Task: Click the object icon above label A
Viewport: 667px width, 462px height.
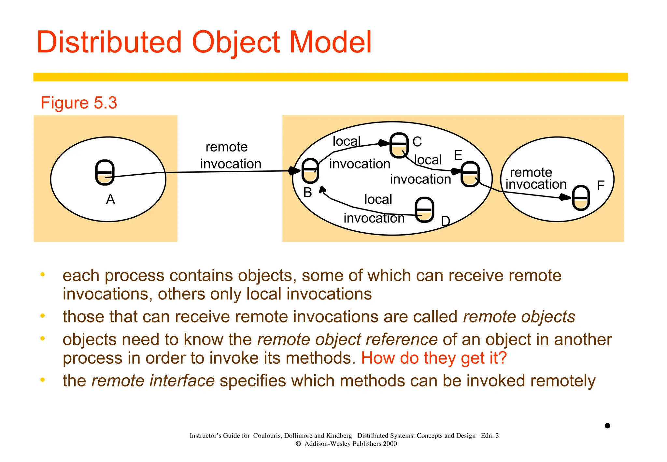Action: [105, 172]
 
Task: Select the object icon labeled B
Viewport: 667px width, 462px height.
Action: [310, 171]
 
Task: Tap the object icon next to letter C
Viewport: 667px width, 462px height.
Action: [399, 145]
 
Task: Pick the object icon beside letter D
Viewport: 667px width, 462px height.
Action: [424, 210]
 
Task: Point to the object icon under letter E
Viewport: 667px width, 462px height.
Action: [470, 174]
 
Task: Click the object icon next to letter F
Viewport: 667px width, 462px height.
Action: [581, 198]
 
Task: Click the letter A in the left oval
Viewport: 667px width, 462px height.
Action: [110, 199]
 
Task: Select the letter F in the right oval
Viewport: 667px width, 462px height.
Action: [601, 186]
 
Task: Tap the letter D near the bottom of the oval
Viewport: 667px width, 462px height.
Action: [445, 221]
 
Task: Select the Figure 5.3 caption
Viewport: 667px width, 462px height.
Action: [78, 103]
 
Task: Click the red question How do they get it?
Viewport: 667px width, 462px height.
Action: [434, 358]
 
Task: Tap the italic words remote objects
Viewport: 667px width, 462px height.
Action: [519, 317]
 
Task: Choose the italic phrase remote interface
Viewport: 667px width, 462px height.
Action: [153, 381]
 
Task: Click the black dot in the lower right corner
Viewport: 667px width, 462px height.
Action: [607, 426]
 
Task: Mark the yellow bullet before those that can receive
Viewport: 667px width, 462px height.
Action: [42, 316]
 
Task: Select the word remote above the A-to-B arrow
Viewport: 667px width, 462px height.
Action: [226, 147]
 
